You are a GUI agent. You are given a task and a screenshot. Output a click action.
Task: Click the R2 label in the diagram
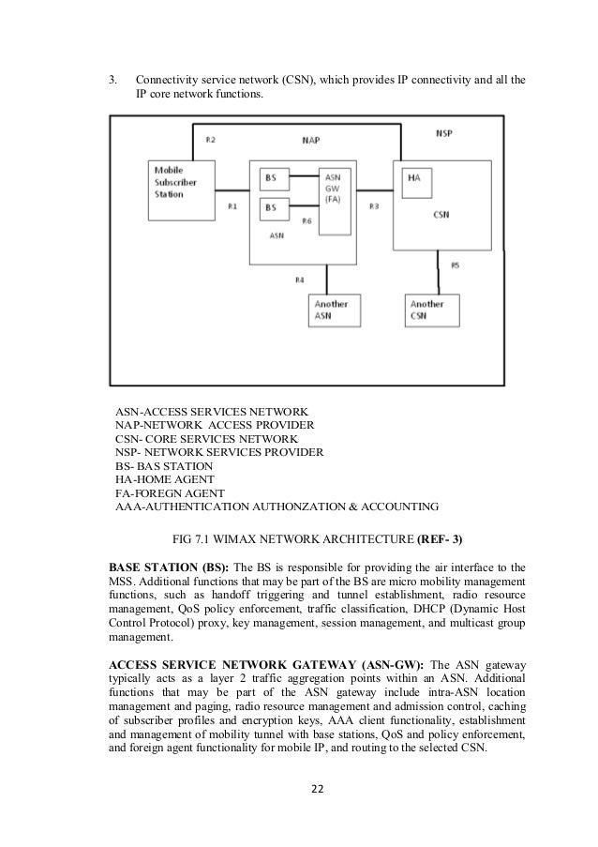click(210, 139)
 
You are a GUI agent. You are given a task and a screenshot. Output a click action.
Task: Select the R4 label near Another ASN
click(300, 280)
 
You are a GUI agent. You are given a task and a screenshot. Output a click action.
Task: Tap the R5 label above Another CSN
click(456, 265)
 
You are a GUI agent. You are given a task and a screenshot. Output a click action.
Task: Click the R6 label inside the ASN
click(306, 221)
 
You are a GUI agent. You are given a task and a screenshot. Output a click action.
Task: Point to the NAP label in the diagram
click(311, 141)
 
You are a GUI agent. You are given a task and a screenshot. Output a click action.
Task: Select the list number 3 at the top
click(113, 79)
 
